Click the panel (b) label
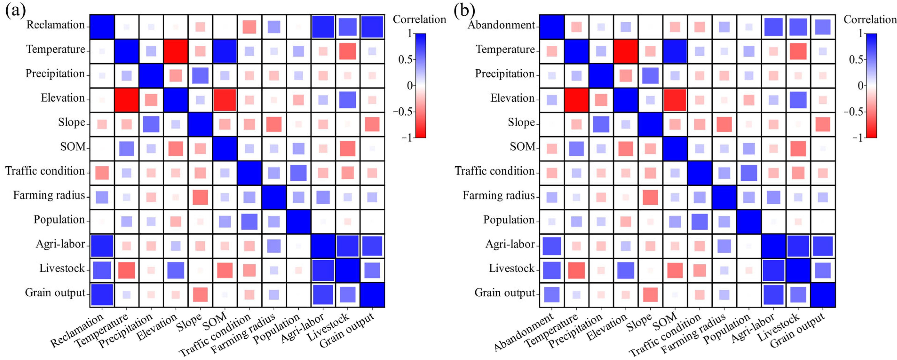(x=464, y=10)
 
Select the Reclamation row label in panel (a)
(x=56, y=25)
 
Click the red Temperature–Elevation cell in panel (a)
(x=176, y=51)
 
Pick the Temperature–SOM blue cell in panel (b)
(x=675, y=51)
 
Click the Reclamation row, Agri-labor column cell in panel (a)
(x=323, y=27)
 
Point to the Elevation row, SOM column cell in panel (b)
(x=675, y=100)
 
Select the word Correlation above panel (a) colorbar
(x=419, y=20)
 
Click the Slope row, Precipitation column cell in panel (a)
(x=151, y=124)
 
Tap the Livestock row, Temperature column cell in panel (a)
(x=126, y=270)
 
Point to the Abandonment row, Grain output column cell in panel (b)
(x=822, y=27)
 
